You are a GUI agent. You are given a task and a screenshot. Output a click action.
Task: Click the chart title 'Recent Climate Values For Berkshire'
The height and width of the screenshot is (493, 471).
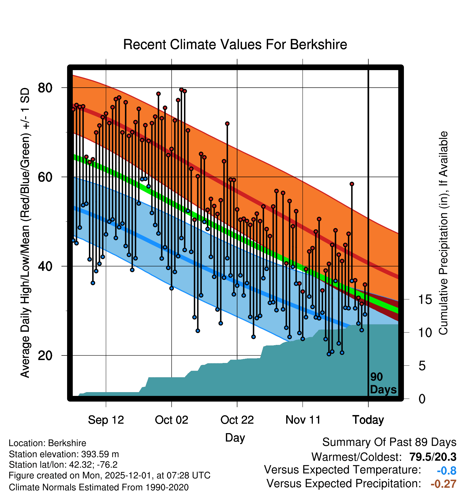235,44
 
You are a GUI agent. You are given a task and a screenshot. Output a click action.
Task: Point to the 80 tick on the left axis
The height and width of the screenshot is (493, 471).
45,88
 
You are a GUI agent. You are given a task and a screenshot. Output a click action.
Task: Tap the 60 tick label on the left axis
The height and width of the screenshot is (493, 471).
45,177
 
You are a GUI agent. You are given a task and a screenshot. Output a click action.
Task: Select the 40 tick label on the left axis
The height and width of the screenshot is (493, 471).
45,266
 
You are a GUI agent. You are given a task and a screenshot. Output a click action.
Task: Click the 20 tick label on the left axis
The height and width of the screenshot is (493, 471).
45,356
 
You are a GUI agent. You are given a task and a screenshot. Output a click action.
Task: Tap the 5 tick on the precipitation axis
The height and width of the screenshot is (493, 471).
422,366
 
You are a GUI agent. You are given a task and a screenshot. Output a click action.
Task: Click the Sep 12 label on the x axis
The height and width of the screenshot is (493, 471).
106,420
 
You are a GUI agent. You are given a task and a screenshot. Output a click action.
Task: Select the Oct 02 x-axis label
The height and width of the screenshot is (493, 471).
171,420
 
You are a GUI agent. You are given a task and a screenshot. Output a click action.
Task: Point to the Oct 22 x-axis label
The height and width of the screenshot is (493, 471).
237,420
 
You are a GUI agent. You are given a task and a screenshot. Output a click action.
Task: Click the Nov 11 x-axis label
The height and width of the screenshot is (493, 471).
303,420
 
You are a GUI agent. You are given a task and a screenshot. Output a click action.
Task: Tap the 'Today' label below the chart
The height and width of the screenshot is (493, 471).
368,420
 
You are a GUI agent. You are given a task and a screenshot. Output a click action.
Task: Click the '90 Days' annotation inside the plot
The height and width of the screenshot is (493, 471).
383,383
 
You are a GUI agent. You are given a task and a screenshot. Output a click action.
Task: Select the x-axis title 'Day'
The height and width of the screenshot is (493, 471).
235,437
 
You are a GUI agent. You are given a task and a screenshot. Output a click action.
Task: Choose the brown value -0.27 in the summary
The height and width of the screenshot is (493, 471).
443,484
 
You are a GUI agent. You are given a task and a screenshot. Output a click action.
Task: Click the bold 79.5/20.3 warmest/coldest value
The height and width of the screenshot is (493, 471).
433,457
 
